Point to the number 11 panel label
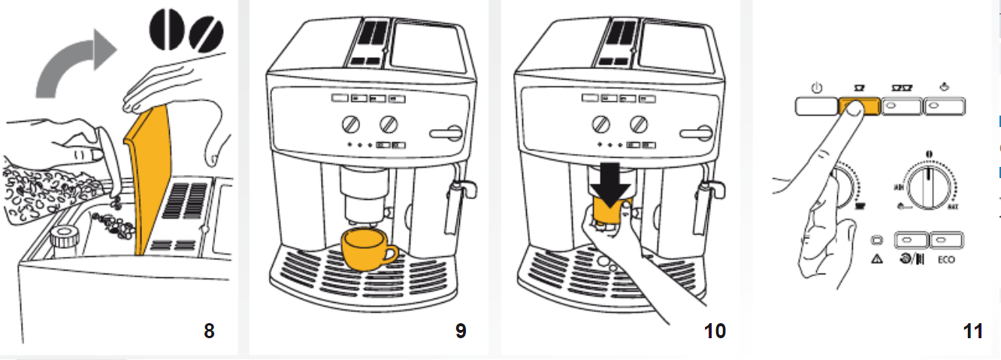[973, 331]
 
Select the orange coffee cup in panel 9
[367, 249]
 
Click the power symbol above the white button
[817, 89]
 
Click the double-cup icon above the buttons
[901, 89]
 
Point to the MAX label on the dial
[953, 206]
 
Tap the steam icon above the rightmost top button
[944, 87]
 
